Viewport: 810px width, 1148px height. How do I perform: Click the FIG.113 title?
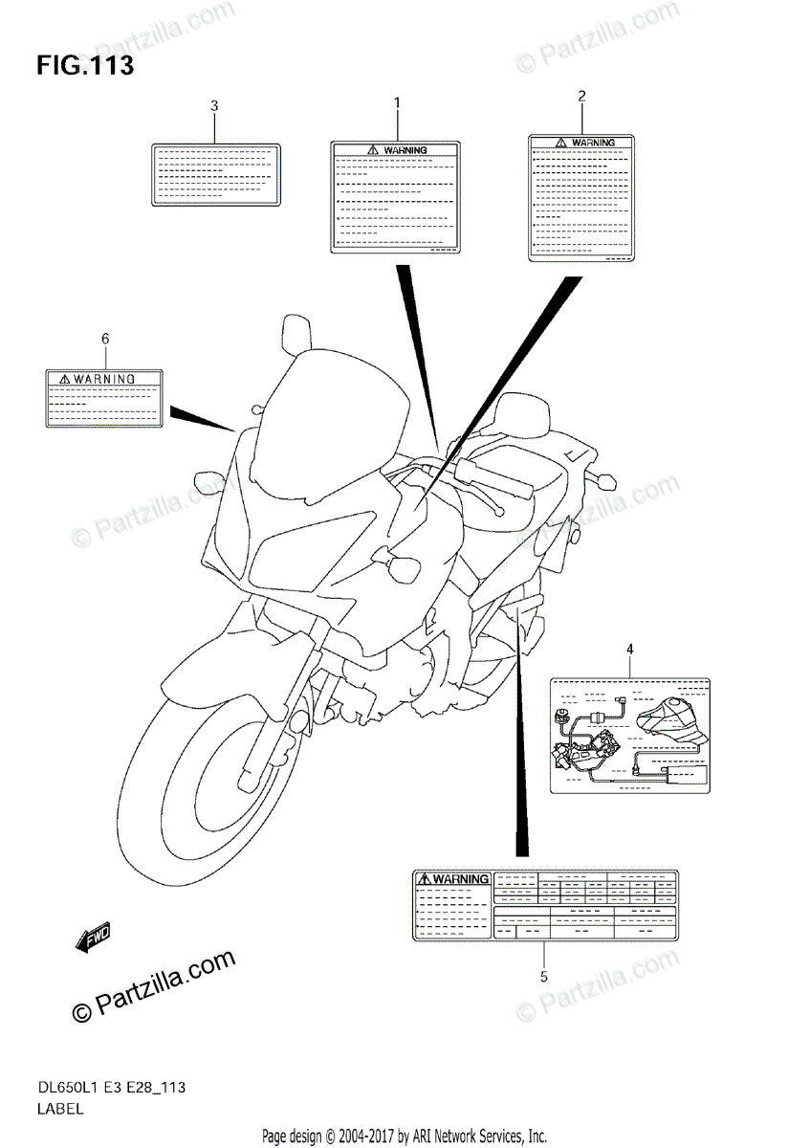(85, 67)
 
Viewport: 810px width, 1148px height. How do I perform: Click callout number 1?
(397, 101)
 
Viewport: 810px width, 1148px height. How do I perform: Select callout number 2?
(581, 95)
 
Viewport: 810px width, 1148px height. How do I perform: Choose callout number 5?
(543, 977)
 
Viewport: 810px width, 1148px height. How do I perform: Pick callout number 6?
(104, 338)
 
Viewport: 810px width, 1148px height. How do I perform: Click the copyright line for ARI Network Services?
(404, 1136)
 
